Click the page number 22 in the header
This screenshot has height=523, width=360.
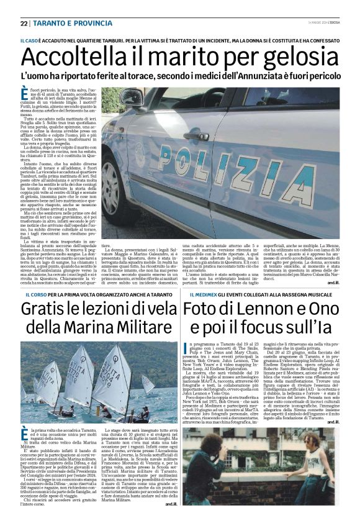click(x=24, y=23)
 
